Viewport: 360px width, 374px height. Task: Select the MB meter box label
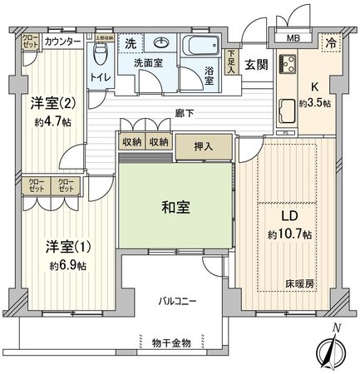point(294,37)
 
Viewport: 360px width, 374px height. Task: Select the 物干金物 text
point(173,342)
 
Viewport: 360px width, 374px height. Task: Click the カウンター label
point(62,41)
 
